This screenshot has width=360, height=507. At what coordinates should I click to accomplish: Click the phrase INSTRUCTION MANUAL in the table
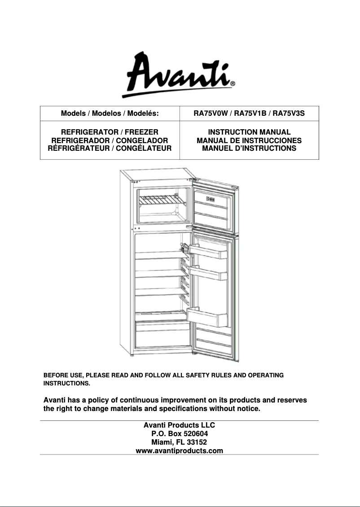pyautogui.click(x=249, y=132)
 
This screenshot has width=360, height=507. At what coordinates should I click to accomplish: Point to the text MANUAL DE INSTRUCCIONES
pyautogui.click(x=249, y=140)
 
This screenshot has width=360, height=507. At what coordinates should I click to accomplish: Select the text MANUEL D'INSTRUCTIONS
pyautogui.click(x=249, y=148)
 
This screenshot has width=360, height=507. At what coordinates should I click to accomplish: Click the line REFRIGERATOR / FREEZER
pyautogui.click(x=110, y=132)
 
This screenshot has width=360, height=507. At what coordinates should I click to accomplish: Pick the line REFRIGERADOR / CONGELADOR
pyautogui.click(x=110, y=140)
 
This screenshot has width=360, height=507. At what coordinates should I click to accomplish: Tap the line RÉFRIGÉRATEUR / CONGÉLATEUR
pyautogui.click(x=110, y=148)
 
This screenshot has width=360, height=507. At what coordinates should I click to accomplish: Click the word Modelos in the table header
pyautogui.click(x=106, y=114)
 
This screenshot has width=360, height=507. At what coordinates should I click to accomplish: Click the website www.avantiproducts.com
pyautogui.click(x=179, y=450)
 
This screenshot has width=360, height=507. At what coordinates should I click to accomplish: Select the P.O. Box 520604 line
pyautogui.click(x=179, y=433)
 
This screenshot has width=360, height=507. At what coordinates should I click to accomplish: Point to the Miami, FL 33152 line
pyautogui.click(x=179, y=442)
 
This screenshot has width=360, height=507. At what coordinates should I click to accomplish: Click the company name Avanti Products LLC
pyautogui.click(x=179, y=425)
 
